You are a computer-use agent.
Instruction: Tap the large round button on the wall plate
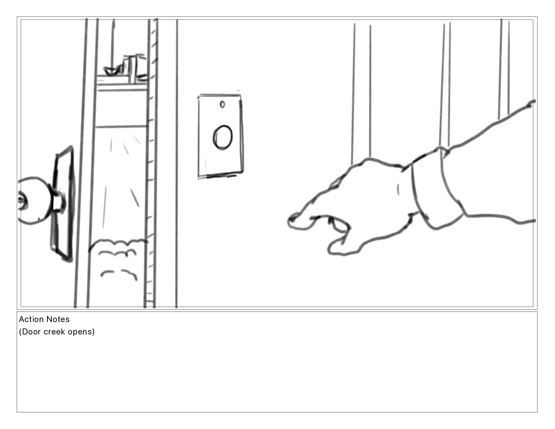click(223, 137)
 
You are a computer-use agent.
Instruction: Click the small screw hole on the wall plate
click(222, 104)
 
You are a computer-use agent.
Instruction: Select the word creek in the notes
click(54, 332)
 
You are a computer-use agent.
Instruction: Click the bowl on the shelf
click(112, 71)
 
